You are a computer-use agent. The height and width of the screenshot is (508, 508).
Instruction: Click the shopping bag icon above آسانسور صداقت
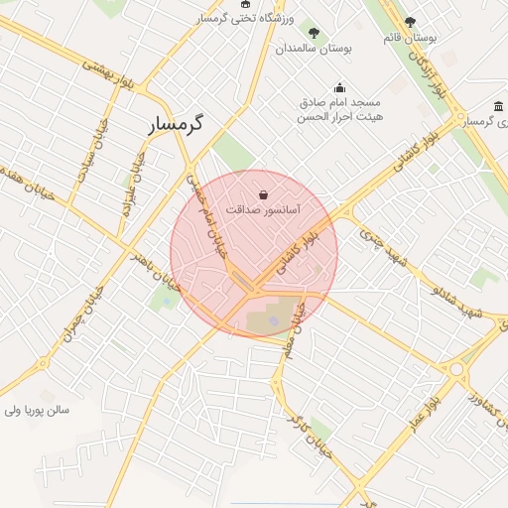263,194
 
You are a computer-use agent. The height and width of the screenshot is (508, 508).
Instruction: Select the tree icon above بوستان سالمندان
315,32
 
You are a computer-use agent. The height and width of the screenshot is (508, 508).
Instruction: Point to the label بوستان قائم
411,38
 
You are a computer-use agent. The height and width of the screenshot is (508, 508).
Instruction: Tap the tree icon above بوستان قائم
411,21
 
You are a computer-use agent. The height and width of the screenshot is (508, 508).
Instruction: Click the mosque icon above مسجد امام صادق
340,86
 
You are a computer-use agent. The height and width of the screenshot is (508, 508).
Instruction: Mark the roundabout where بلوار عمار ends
457,371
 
